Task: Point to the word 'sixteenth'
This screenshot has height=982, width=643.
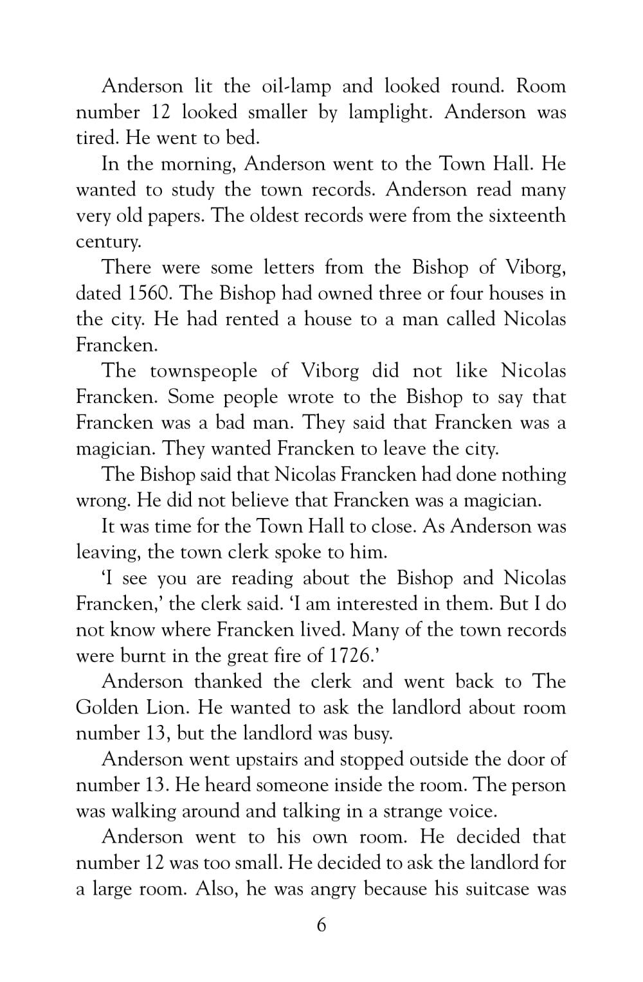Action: point(527,216)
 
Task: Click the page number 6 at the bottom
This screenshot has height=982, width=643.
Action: point(321,925)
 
